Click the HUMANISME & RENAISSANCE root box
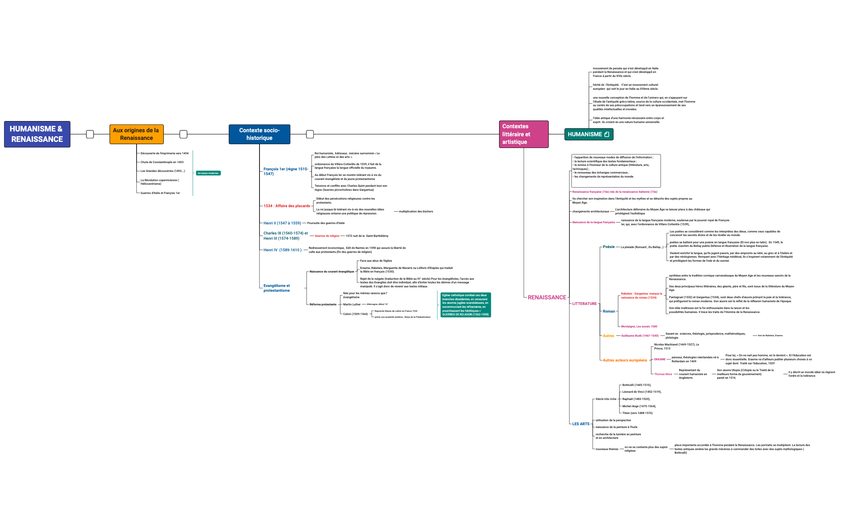coord(37,134)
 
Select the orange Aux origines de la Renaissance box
coord(136,134)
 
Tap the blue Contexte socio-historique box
coord(259,134)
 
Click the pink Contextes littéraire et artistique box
coord(523,134)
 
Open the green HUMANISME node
coord(588,134)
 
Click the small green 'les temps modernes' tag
coord(208,173)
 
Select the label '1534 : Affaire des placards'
coord(287,206)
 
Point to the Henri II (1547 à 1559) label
coord(282,223)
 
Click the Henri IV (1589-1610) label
coord(282,250)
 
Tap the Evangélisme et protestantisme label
coord(277,288)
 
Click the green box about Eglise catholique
coord(465,305)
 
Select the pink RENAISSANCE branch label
coord(547,297)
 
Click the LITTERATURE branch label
coord(584,304)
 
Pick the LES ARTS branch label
coord(581,424)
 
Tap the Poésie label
coord(608,247)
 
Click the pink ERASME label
coord(660,359)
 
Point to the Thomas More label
coord(663,374)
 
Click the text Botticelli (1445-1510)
coord(636,385)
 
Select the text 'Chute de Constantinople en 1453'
coord(162,162)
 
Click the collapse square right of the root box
coord(90,134)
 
